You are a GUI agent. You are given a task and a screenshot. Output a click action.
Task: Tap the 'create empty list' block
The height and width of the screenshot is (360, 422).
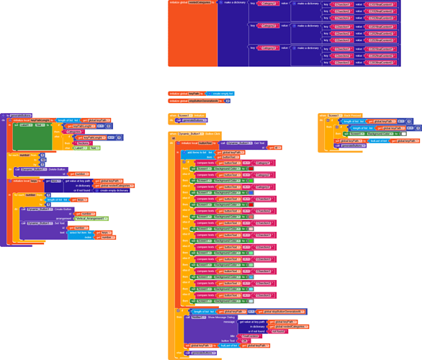click(221, 94)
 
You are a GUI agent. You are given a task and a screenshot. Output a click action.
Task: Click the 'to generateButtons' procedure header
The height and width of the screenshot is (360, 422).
click(17, 115)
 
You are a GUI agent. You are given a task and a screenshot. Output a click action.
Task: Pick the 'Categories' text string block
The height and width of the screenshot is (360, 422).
click(74, 132)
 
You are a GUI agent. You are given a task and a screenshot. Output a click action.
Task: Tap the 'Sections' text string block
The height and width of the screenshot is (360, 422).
click(83, 143)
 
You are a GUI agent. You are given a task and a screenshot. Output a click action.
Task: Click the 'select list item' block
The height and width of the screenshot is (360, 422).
click(80, 233)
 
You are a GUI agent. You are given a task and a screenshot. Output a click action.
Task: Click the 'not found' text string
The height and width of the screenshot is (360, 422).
click(278, 331)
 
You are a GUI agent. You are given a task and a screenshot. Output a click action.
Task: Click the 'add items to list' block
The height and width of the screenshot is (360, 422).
click(198, 153)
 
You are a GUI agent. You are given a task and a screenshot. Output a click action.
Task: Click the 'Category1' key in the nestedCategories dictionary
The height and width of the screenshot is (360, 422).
click(269, 4)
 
